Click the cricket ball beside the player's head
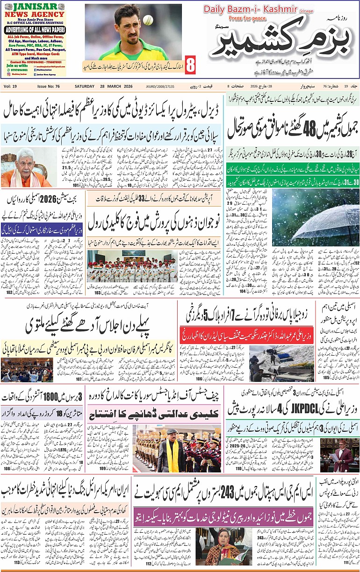coord(148,20)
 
